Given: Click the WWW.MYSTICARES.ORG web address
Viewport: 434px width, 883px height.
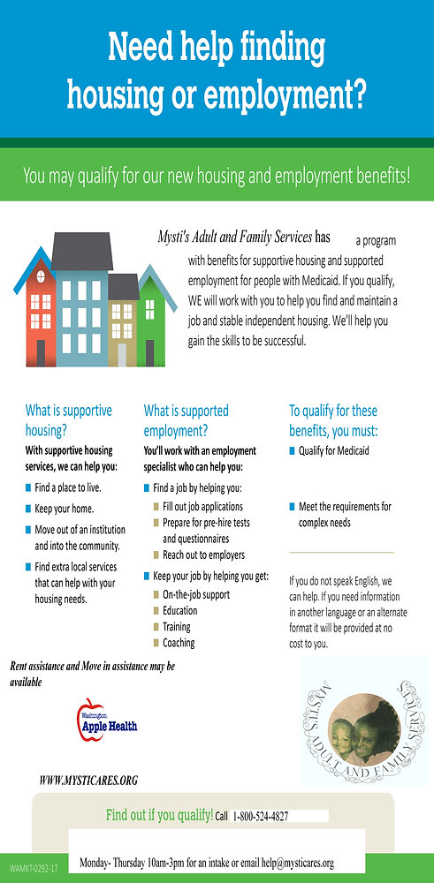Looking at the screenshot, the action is click(88, 781).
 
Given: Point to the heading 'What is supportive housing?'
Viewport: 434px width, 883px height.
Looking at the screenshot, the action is click(68, 420).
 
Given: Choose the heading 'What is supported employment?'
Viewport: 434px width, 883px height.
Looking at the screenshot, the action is click(186, 420).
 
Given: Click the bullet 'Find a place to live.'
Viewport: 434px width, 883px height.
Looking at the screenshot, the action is click(68, 487).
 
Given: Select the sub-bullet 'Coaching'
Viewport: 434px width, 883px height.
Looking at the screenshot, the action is click(179, 643).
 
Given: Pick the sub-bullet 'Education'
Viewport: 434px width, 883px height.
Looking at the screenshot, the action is click(179, 610).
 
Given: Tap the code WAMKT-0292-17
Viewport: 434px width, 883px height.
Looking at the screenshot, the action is click(34, 868).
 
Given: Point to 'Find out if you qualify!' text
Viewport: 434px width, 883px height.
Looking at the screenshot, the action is click(159, 814).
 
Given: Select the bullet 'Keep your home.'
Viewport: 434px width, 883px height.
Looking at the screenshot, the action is click(64, 509).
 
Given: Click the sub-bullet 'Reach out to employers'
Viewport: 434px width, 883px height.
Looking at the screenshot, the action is click(203, 555).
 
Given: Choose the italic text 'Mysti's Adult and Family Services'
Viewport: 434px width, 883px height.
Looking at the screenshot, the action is click(234, 237).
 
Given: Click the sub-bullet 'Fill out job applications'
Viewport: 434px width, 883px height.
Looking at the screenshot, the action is click(202, 507).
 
